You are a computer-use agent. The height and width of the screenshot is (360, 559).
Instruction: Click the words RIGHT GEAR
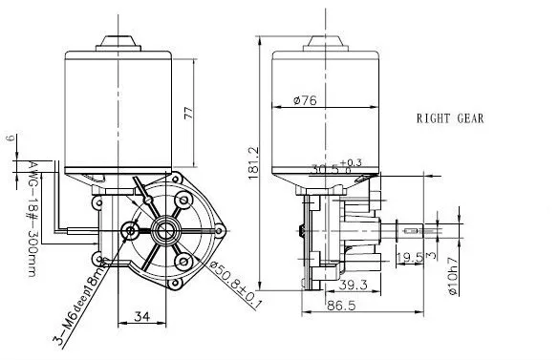[449, 119]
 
